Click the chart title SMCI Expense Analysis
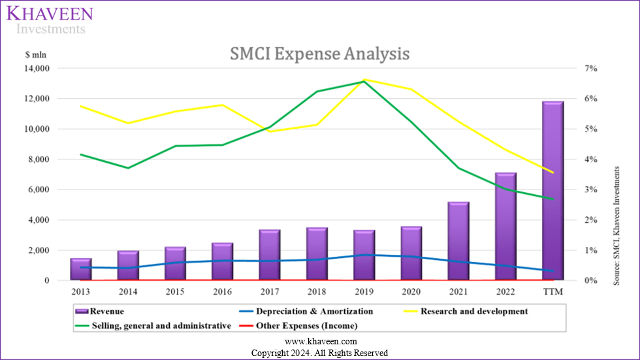click(319, 54)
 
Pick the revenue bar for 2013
click(81, 269)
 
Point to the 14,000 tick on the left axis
click(37, 69)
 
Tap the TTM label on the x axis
click(554, 291)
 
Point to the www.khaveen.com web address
click(319, 342)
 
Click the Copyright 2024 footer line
click(319, 353)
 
